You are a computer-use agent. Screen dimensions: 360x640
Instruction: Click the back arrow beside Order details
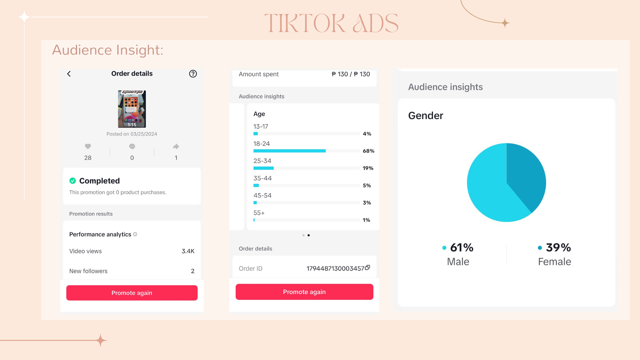(x=69, y=74)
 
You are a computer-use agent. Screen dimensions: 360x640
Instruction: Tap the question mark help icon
(x=193, y=74)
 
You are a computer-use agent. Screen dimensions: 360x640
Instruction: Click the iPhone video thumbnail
(x=132, y=109)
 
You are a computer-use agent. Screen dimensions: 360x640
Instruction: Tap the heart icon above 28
(x=88, y=146)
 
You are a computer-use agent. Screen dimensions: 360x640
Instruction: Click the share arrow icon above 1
(x=176, y=146)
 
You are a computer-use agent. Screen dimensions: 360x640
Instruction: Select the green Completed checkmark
(x=73, y=181)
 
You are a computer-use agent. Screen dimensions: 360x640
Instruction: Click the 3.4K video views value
(x=188, y=251)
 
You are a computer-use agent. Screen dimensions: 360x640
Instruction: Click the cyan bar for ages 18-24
(x=289, y=151)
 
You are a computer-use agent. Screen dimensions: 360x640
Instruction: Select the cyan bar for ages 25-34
(x=263, y=168)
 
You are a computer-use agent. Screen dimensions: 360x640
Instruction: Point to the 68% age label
(x=368, y=151)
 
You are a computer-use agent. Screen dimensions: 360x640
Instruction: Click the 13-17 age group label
(x=261, y=126)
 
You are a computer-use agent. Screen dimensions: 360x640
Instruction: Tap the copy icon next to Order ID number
(x=368, y=268)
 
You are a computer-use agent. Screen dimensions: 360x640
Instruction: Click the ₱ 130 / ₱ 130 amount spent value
(x=351, y=74)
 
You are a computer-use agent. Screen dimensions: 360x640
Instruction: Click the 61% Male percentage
(x=462, y=247)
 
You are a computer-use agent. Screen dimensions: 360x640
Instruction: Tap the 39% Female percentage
(x=558, y=247)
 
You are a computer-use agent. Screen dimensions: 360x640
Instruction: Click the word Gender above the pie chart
(x=426, y=115)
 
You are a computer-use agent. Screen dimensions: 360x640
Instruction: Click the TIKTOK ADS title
(x=331, y=23)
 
